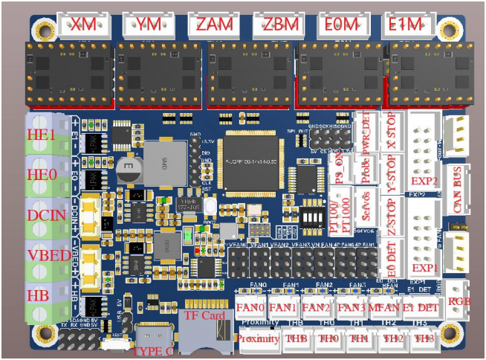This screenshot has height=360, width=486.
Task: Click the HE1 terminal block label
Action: pos(42,135)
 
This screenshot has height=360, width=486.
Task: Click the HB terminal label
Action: pos(38,295)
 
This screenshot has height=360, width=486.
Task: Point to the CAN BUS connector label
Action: pos(457,187)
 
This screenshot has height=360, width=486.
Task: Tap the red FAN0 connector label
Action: pos(251,306)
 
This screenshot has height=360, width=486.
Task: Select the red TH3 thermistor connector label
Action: pos(424,338)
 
